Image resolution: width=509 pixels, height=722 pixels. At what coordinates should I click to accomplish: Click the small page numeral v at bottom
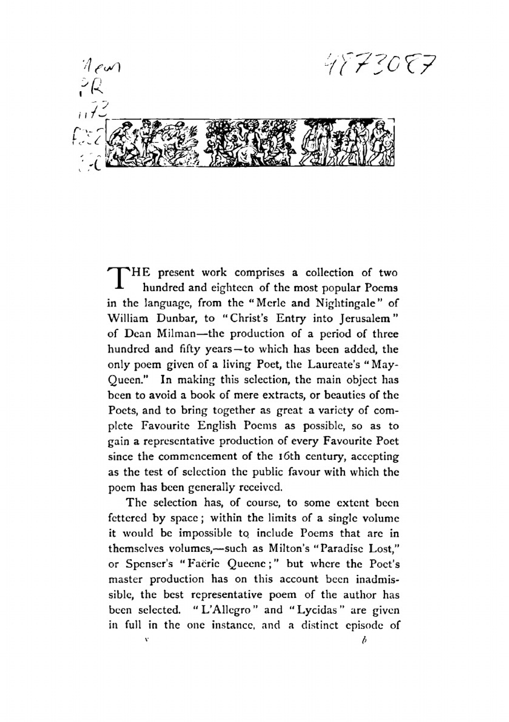coord(147,637)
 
